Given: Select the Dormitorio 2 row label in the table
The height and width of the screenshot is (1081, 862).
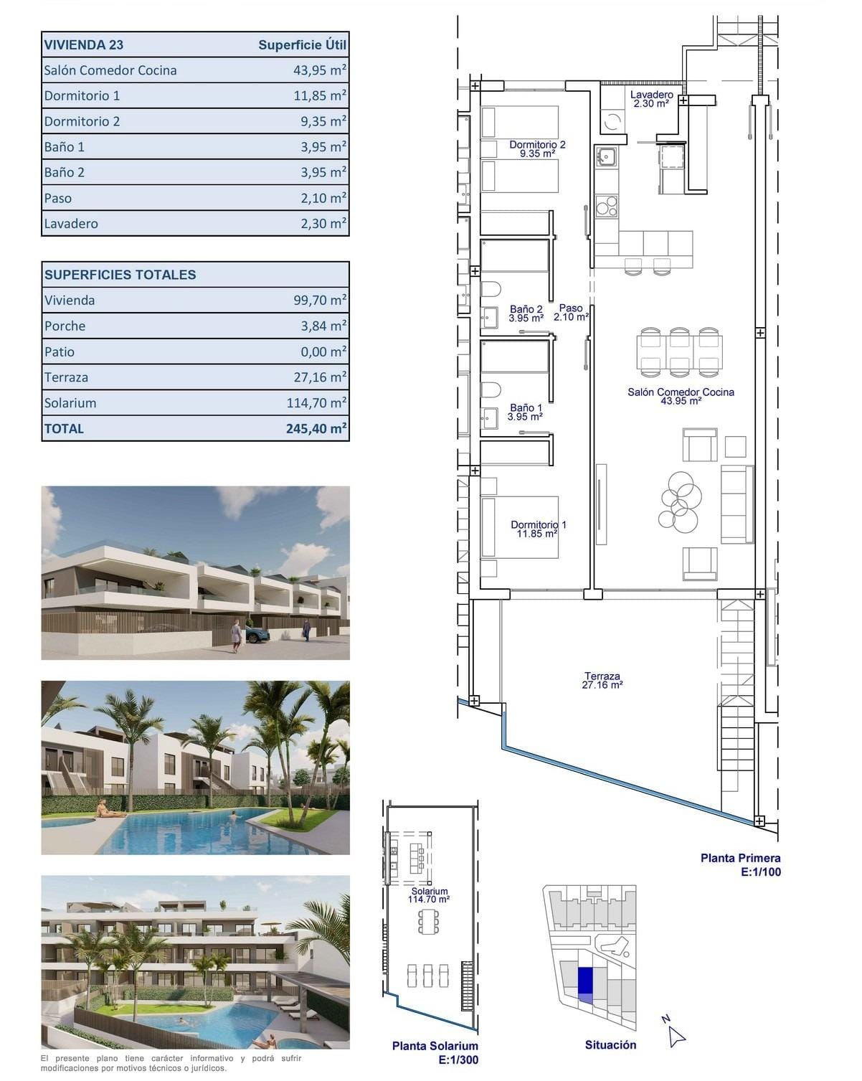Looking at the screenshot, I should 82,121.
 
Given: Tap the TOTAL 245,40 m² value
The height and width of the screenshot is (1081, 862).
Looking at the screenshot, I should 316,429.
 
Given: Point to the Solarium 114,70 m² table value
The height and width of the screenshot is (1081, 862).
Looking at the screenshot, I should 316,403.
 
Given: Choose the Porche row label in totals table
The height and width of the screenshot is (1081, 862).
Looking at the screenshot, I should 65,326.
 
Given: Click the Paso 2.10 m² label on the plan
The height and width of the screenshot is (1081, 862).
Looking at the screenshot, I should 571,312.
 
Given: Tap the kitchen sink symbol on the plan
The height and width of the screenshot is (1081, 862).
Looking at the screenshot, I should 605,156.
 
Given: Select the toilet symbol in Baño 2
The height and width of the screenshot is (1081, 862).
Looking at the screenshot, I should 491,291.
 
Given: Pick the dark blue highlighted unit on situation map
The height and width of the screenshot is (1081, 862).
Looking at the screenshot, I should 585,978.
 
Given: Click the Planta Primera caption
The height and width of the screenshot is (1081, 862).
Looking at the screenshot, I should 740,858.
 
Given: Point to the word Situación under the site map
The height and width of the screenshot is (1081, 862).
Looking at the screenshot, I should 610,1045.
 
